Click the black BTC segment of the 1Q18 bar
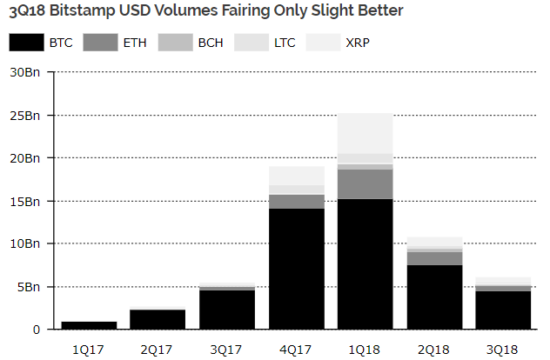pos(365,263)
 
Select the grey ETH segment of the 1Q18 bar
pos(365,183)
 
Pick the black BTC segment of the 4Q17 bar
pos(296,269)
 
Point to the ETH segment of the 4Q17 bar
pos(296,201)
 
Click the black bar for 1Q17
pos(90,325)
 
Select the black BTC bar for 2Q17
pos(158,319)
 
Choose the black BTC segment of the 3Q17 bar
pos(227,310)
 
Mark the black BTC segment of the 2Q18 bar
pos(433,297)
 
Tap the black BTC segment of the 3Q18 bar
pos(502,310)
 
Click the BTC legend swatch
pos(26,43)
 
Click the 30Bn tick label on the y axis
pos(24,72)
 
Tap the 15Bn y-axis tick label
pos(24,201)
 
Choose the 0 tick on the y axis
pos(37,330)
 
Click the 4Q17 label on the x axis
pos(296,349)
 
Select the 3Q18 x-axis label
pos(502,349)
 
